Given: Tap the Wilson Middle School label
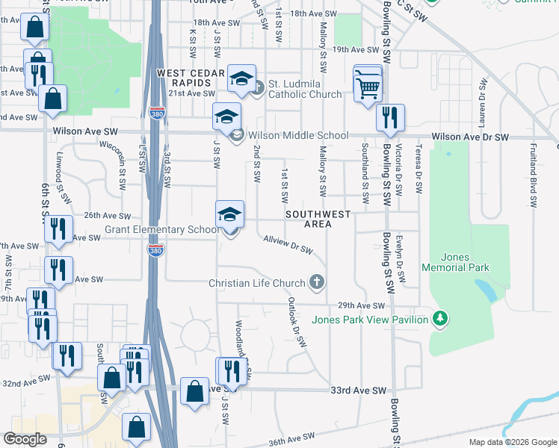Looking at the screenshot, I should (298, 136).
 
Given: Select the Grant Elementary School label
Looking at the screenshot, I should (162, 230).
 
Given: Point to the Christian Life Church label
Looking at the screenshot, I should (257, 283).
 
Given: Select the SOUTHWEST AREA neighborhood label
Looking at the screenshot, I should (318, 219).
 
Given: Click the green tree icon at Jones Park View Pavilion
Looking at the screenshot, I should (441, 320).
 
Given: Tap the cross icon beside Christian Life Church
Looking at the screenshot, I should (317, 282).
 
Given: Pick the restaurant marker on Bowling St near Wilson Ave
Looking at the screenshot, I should (389, 119).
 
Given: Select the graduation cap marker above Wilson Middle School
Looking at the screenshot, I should (226, 117).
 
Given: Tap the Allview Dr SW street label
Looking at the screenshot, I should (288, 244).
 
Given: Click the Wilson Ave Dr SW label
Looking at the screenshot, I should (470, 137).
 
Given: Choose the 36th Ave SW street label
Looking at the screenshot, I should (288, 441).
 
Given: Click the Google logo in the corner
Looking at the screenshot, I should (25, 439).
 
